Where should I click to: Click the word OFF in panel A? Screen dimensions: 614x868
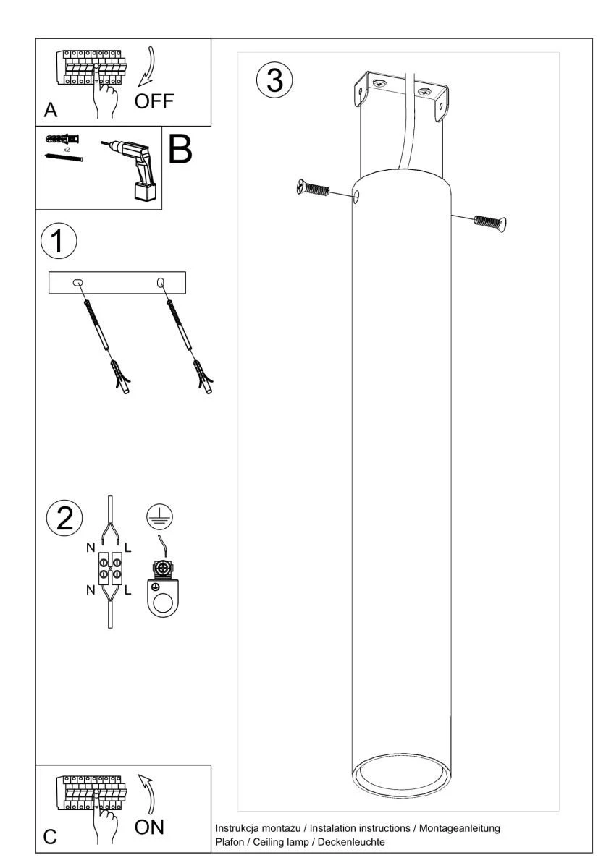154,101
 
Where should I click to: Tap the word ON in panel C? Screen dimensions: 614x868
149,827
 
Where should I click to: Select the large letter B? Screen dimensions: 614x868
180,150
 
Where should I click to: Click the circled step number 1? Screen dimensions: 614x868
59,241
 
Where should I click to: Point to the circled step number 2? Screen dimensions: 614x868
64,519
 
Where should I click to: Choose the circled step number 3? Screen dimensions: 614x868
274,80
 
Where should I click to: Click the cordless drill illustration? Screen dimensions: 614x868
134,171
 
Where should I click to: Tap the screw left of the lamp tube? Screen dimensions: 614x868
313,188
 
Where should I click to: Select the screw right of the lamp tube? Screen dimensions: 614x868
490,223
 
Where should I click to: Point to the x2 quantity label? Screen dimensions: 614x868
67,150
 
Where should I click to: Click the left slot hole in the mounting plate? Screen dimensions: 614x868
78,283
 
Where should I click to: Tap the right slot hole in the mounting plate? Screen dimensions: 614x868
161,283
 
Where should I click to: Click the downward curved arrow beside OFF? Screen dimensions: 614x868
148,67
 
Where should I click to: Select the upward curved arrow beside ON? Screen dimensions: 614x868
148,794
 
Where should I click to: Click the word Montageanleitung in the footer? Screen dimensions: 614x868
459,828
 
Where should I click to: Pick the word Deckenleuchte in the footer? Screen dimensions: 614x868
351,842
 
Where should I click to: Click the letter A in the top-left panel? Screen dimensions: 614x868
51,110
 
